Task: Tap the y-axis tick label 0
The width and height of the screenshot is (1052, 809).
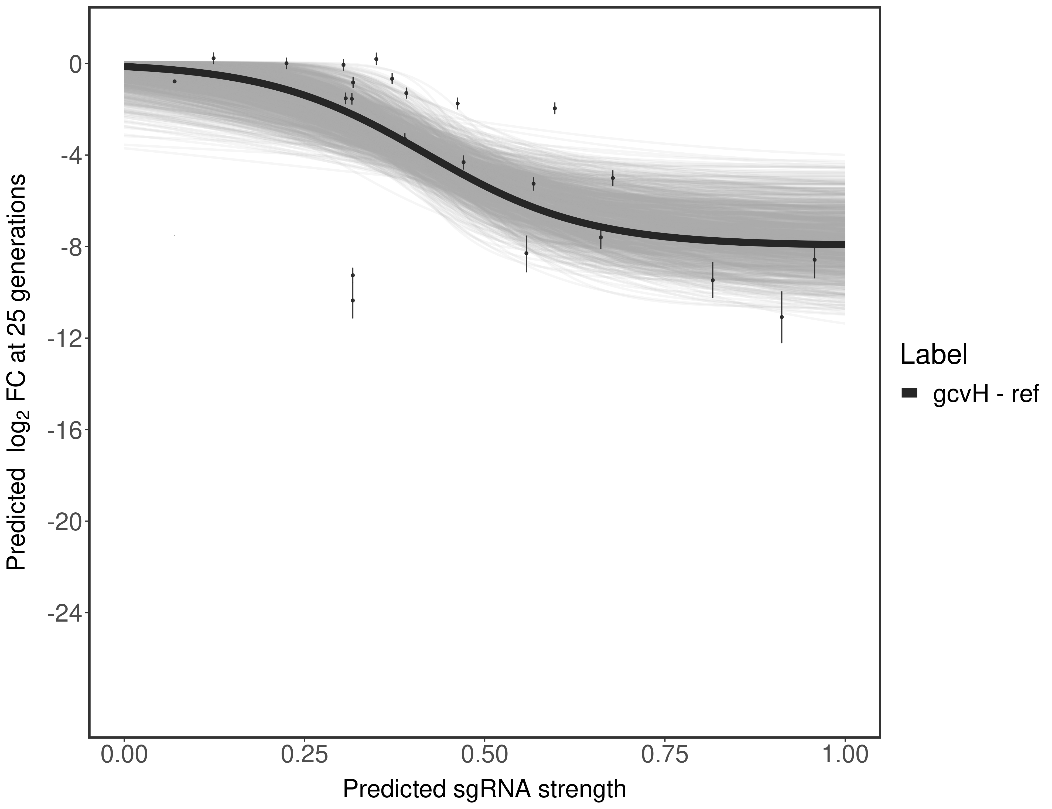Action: pos(76,64)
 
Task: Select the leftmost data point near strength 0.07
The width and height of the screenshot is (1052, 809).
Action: pos(174,81)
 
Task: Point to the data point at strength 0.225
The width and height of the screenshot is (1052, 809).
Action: pos(286,63)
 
